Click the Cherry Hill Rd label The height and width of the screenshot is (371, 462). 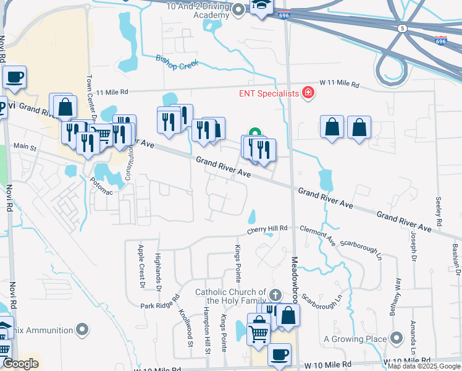(267, 229)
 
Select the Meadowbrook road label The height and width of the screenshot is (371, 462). (295, 278)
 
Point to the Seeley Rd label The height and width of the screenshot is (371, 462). (439, 210)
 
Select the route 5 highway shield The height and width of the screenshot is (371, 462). (402, 28)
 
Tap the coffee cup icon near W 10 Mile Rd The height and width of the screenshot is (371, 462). (279, 355)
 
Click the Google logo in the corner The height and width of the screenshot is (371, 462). (20, 364)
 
